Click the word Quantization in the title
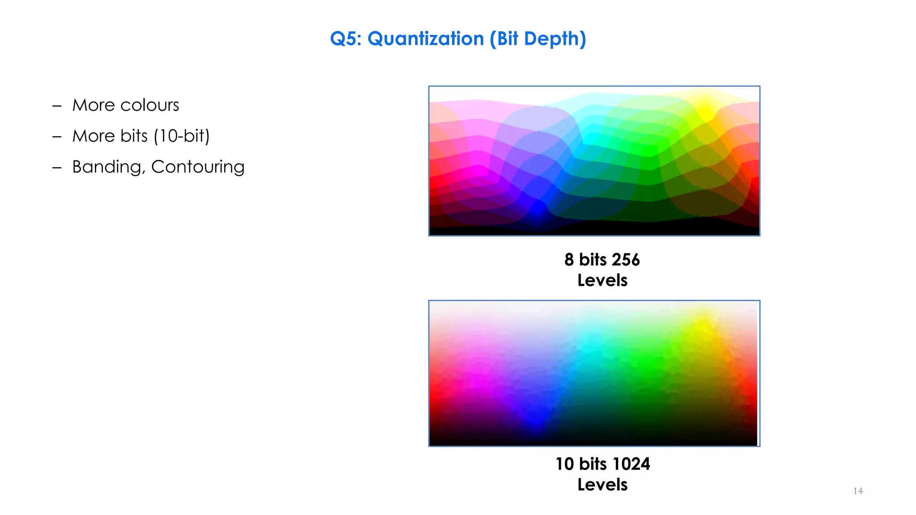point(425,39)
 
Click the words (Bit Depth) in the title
point(538,39)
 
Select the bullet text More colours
point(126,105)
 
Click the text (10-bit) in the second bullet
point(182,136)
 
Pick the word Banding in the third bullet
point(108,167)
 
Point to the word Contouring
point(198,167)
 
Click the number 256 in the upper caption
point(625,260)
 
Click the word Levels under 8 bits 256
point(602,280)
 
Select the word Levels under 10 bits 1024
point(602,485)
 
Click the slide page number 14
point(858,491)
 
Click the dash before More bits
point(57,136)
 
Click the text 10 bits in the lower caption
point(581,464)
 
